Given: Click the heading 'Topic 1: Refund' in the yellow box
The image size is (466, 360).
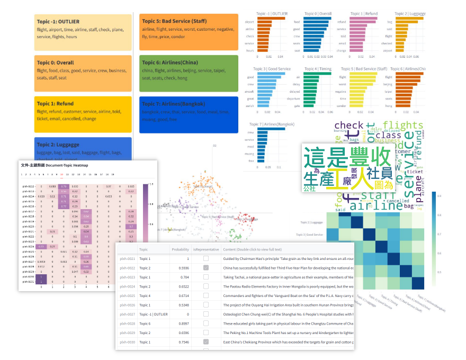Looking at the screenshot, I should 55,104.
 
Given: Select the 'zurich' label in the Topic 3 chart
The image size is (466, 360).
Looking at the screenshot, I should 250,106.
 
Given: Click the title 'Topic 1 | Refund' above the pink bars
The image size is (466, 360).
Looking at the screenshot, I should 364,13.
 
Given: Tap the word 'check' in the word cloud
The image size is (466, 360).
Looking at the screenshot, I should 348,126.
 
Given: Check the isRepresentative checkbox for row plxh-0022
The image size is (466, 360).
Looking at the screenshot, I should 206,268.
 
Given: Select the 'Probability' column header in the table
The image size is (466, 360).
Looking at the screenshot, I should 180,249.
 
